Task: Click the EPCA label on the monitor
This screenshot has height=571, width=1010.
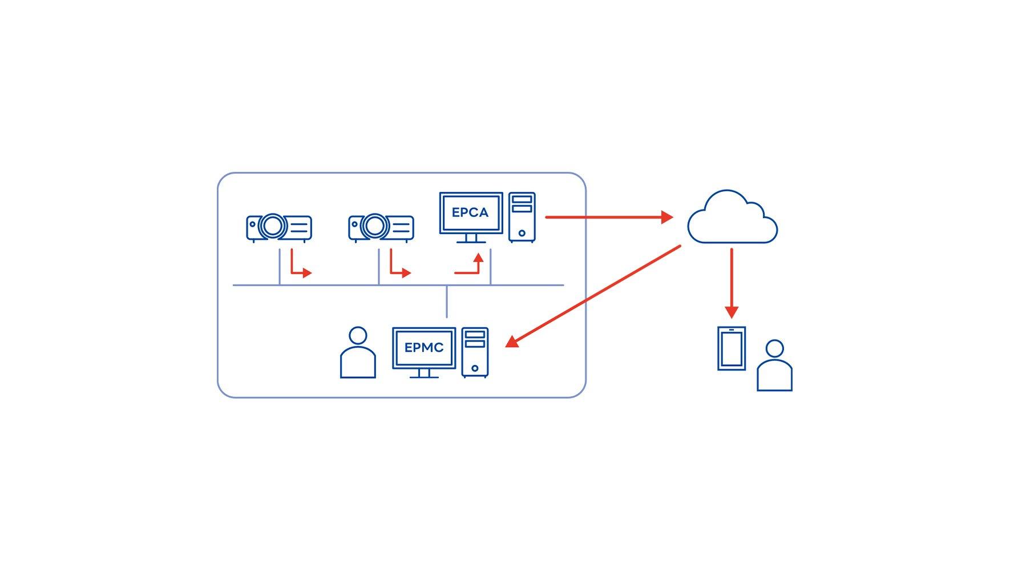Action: click(470, 212)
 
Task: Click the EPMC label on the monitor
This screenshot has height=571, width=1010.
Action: click(423, 348)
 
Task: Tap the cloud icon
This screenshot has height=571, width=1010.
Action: click(733, 218)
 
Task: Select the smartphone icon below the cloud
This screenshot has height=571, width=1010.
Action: click(732, 348)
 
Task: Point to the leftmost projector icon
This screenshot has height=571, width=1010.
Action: click(279, 228)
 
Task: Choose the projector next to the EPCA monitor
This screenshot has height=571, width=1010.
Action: click(381, 228)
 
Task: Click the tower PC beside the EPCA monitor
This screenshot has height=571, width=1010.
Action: click(522, 217)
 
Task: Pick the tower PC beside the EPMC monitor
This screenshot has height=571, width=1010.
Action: click(475, 352)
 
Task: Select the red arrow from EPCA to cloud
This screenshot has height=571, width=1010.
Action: click(608, 217)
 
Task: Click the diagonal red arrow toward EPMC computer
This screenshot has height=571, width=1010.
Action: click(593, 296)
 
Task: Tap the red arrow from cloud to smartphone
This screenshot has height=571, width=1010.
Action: click(732, 283)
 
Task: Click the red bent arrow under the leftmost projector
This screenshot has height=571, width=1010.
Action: click(299, 267)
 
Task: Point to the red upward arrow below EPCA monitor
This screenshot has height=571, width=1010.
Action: click(471, 267)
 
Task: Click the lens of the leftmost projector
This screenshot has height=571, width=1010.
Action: click(272, 227)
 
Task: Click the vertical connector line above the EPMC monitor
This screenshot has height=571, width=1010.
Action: click(447, 301)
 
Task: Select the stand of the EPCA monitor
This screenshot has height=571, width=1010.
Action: click(471, 239)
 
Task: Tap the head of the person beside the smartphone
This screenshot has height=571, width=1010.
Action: click(774, 348)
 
